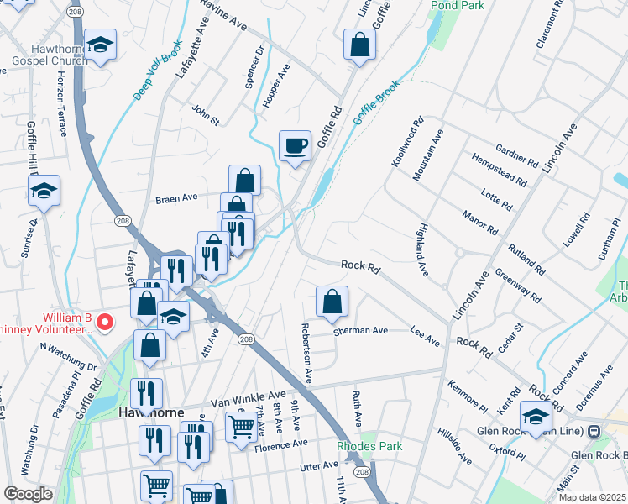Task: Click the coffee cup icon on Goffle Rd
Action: coord(295,145)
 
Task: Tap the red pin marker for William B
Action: coord(104,321)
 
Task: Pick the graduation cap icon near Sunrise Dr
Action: coord(44,191)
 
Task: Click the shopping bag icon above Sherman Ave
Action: coord(332,302)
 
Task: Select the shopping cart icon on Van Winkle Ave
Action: coord(242,425)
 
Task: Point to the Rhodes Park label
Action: coord(369,446)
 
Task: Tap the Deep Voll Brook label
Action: coord(158,72)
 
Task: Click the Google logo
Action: coord(28,494)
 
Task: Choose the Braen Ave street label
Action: coord(176,198)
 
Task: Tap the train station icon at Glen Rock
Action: coord(594,431)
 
